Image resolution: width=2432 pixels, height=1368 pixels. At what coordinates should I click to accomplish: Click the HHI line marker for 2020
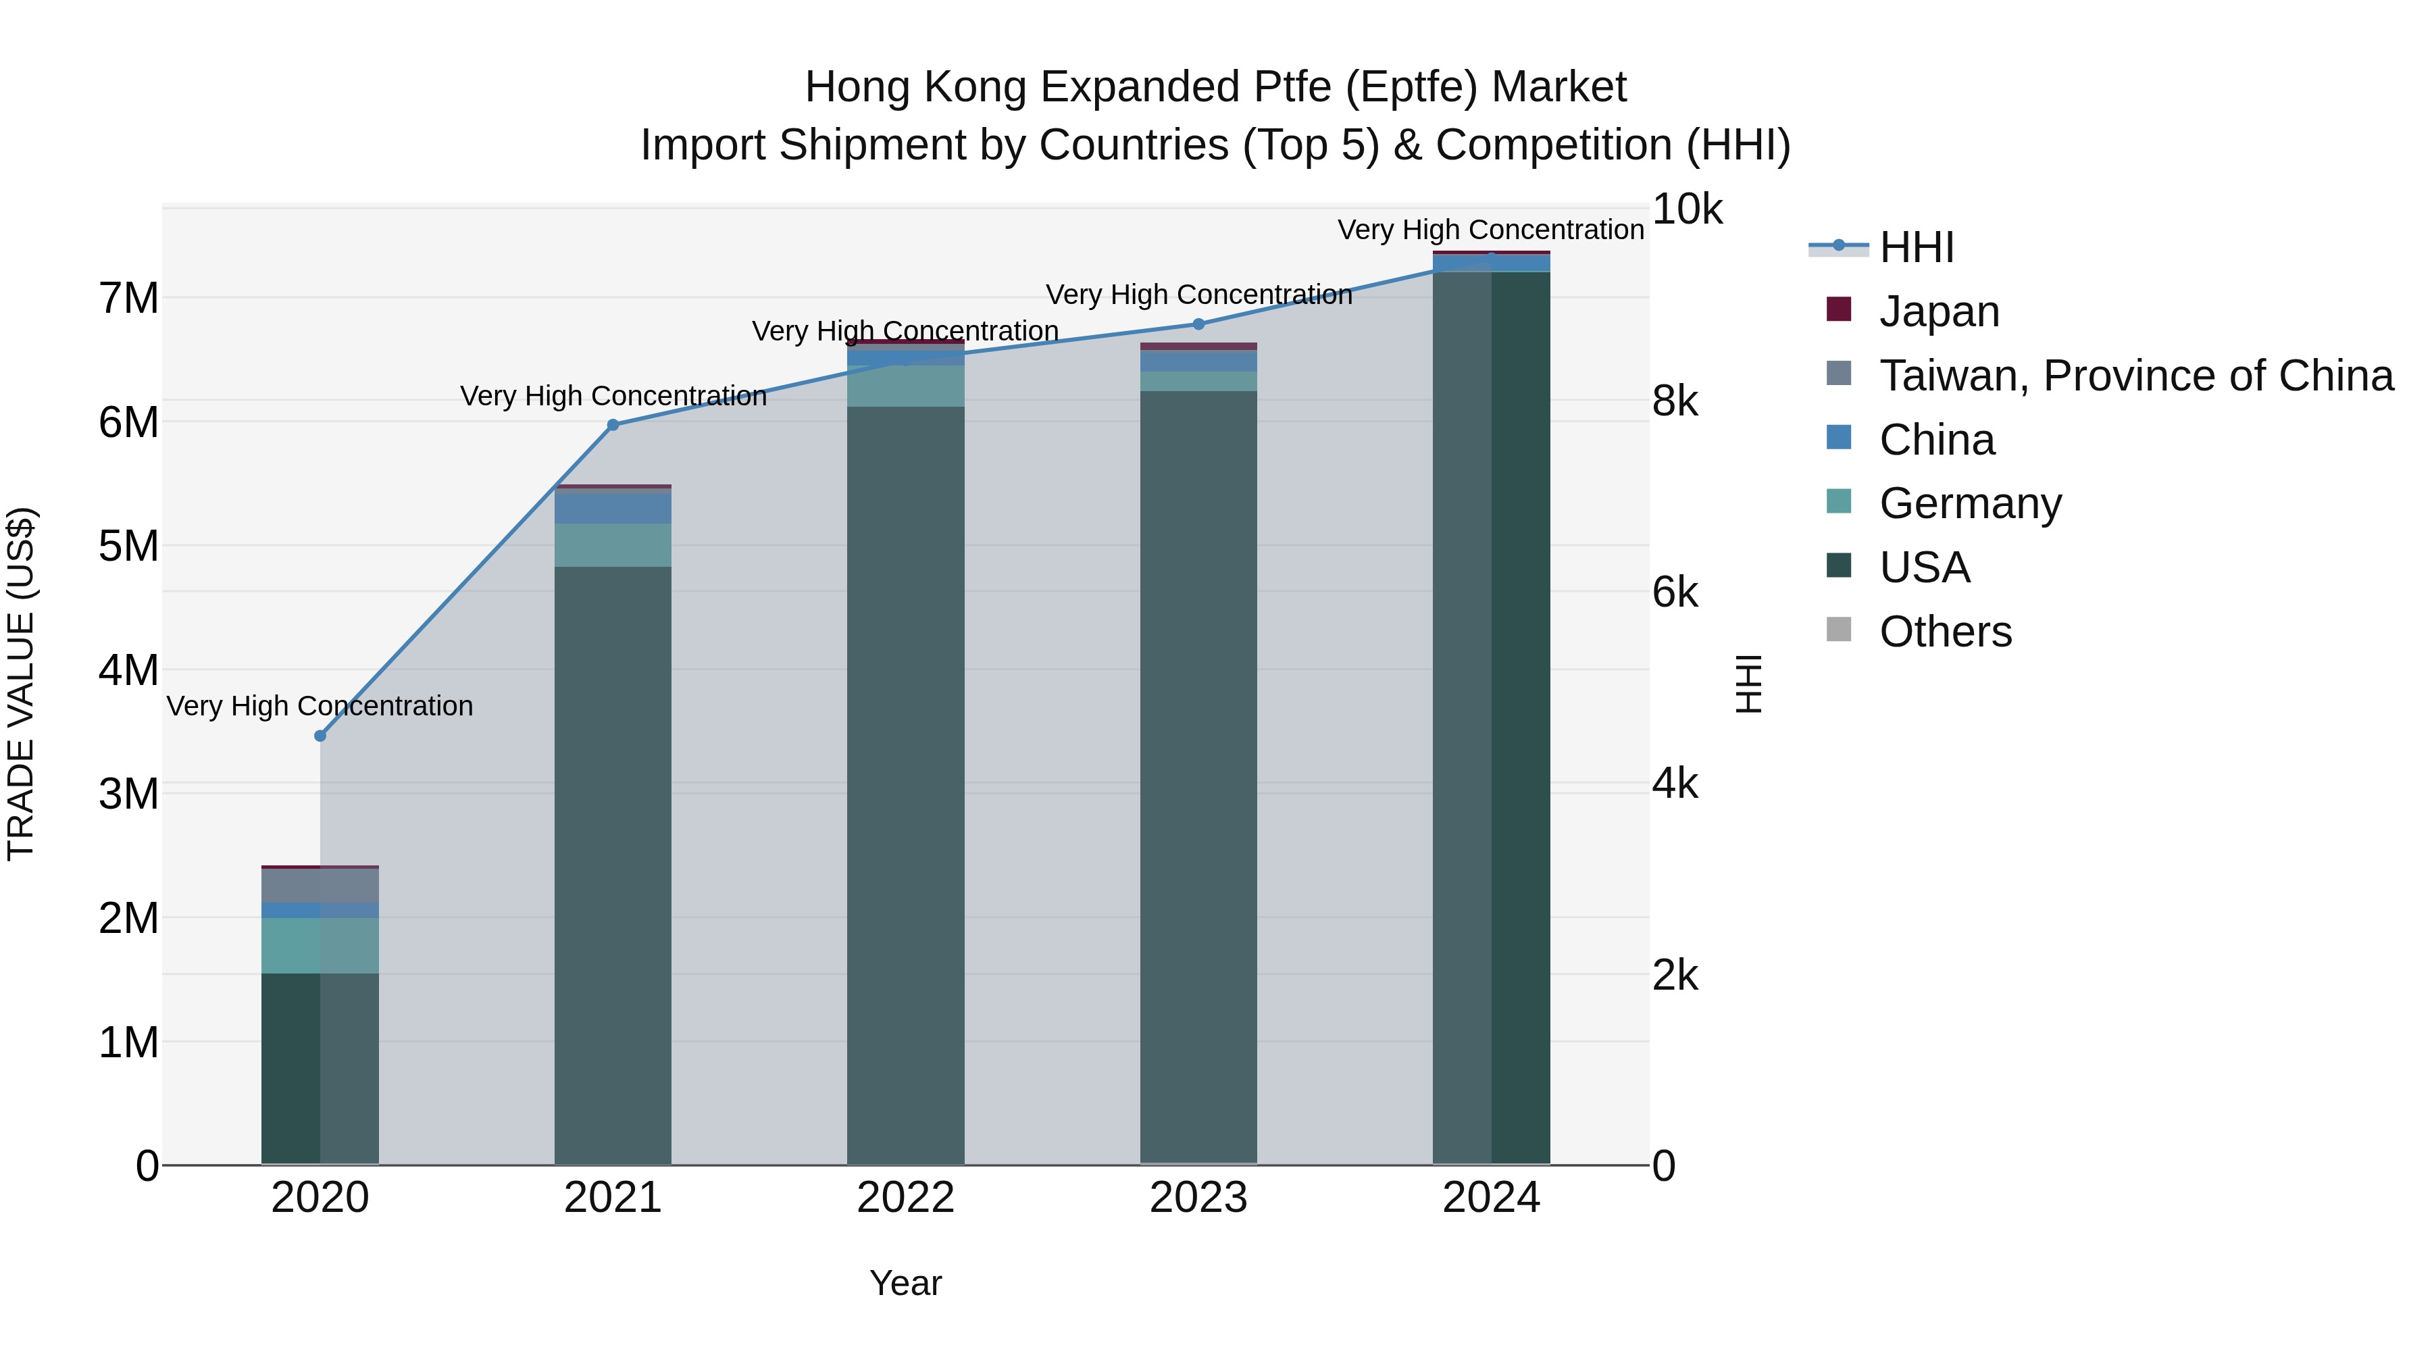tap(320, 736)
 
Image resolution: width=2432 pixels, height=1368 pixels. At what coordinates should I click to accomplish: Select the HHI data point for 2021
tap(613, 425)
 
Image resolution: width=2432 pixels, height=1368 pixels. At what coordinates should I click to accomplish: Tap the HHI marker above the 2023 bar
tap(1199, 324)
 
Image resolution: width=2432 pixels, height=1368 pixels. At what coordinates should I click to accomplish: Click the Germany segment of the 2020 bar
tap(320, 945)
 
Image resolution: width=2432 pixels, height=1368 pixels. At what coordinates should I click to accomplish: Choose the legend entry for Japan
tap(1938, 311)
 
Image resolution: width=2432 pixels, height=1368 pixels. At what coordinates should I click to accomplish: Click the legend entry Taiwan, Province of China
tap(2135, 376)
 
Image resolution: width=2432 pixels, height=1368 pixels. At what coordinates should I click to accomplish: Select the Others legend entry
tap(1945, 632)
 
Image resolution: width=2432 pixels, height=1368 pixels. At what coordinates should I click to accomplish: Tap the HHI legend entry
tap(1916, 247)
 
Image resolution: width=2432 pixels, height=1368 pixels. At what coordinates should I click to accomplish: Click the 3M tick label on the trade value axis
tap(128, 794)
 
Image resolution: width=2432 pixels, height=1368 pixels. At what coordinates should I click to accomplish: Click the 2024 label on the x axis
tap(1491, 1198)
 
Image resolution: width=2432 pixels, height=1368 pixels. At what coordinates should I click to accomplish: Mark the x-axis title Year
tap(905, 1283)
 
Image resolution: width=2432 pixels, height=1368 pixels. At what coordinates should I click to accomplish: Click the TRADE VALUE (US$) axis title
tap(21, 684)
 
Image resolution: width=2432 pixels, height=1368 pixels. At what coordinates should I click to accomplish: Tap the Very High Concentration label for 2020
tap(320, 706)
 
